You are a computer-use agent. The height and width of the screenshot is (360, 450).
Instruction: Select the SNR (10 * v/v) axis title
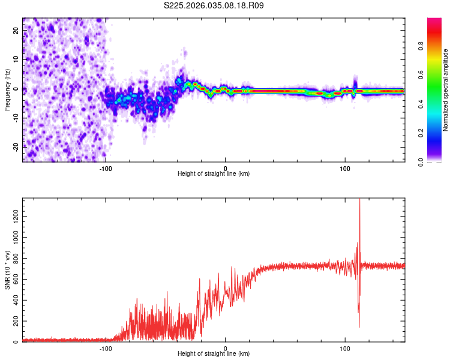click(7, 270)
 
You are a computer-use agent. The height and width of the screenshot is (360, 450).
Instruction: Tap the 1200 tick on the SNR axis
click(14, 212)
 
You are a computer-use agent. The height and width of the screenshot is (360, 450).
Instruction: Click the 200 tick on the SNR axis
click(14, 321)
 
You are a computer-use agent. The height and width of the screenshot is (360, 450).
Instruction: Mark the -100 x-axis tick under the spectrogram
click(106, 169)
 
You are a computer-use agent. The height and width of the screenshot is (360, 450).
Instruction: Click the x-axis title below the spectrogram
click(214, 174)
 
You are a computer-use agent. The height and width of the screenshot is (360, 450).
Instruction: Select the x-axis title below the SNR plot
click(214, 354)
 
